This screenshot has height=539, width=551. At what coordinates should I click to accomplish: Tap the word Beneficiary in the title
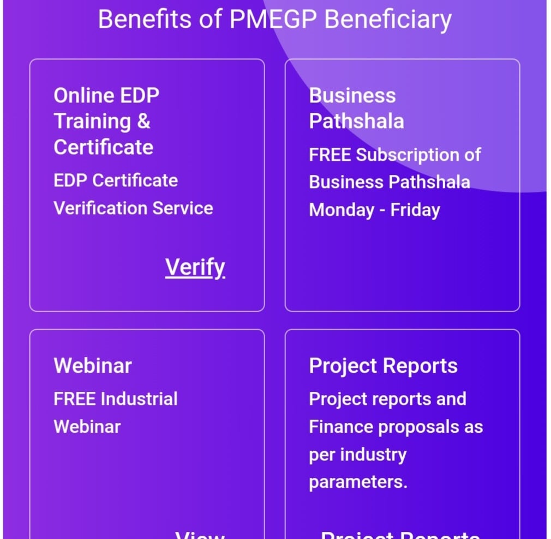(388, 20)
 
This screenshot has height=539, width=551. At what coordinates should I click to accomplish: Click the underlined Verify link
(195, 267)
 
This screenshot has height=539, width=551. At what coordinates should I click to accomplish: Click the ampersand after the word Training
(143, 121)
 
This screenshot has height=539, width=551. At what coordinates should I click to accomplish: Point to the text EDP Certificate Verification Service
(133, 194)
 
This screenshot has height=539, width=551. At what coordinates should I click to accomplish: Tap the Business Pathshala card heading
(356, 108)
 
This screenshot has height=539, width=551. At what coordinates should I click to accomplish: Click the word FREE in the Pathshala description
(330, 155)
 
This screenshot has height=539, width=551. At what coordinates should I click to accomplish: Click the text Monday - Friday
(374, 210)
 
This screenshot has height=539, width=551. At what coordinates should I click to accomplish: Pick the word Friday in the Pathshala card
(415, 210)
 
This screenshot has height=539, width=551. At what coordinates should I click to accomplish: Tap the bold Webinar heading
(93, 366)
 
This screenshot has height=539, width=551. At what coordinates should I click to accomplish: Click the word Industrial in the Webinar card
(139, 399)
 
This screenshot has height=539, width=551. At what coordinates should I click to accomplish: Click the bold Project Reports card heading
(383, 366)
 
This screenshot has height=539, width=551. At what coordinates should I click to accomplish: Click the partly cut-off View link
(200, 534)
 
